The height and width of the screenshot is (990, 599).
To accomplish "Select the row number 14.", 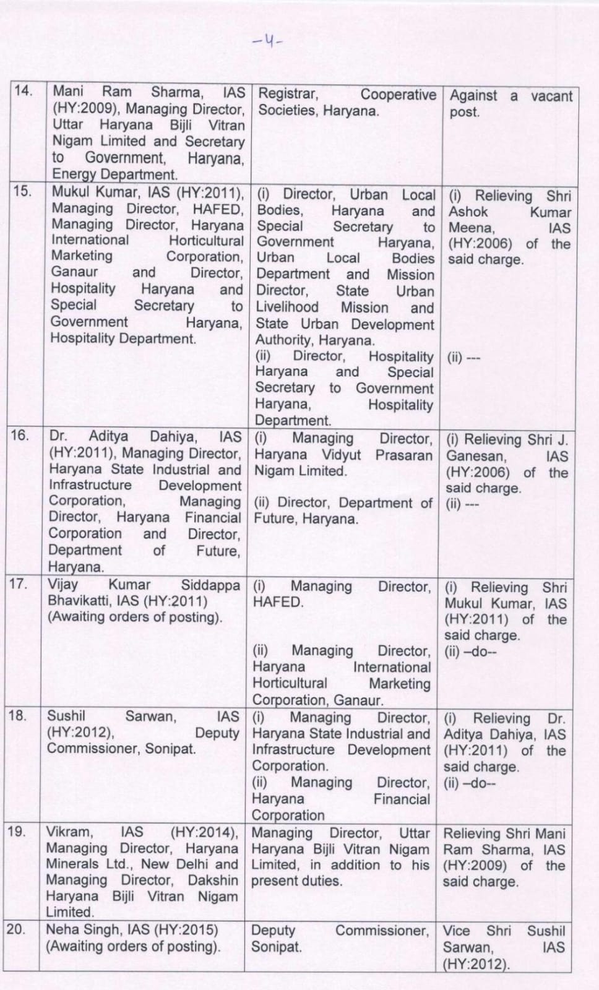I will (23, 92).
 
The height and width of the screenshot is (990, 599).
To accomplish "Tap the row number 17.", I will (18, 583).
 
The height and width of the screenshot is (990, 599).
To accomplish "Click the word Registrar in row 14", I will (288, 94).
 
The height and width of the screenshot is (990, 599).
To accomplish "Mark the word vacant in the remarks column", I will (551, 97).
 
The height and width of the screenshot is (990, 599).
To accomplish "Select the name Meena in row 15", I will (471, 228).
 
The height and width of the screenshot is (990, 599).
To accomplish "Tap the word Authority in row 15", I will (285, 340).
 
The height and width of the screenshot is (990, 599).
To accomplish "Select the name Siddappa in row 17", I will (210, 585).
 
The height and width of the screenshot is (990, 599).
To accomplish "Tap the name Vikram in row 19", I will (69, 832).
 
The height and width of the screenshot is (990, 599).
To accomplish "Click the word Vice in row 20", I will (456, 931).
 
